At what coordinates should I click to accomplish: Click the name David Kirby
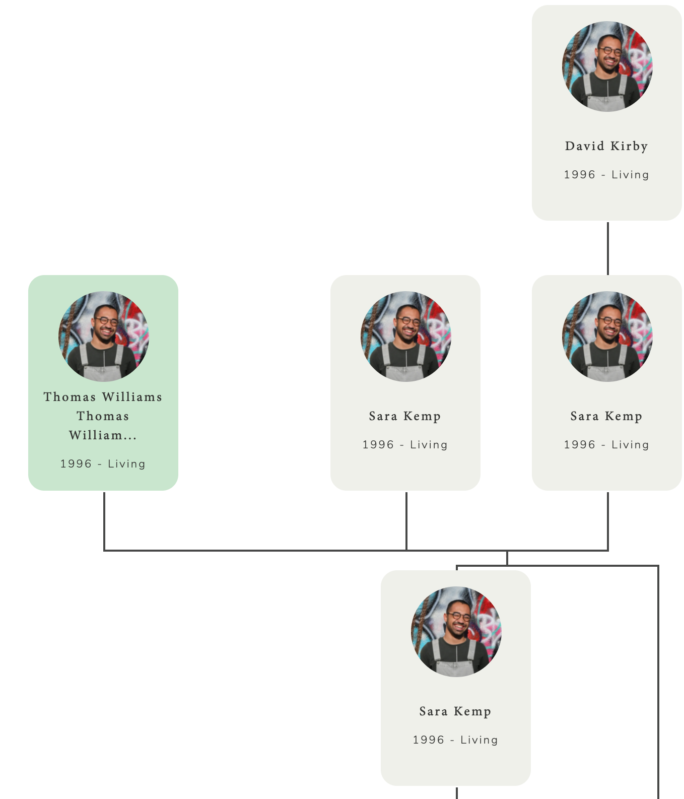point(606,146)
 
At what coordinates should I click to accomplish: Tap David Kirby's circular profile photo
point(607,66)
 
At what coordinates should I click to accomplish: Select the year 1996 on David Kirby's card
point(579,175)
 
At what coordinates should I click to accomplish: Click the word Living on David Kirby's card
point(630,175)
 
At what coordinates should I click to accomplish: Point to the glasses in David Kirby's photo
point(610,51)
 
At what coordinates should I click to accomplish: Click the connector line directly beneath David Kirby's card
point(608,248)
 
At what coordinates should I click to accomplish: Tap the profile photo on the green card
point(103,336)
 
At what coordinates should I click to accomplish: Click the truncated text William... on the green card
point(103,435)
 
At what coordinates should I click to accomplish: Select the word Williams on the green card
point(132,397)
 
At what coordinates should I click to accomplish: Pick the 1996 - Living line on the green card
point(103,464)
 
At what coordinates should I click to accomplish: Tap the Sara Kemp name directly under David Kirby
point(606,416)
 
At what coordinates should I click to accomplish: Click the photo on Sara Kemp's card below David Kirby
point(607,336)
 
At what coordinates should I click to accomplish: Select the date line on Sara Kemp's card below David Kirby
point(606,445)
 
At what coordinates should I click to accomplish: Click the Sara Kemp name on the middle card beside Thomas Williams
point(405,416)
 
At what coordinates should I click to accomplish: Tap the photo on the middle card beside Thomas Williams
point(405,336)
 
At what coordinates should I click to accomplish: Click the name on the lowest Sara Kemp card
point(455,711)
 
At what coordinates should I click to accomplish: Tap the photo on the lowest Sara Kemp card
point(456,631)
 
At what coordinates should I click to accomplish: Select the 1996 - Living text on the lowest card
point(455,740)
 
